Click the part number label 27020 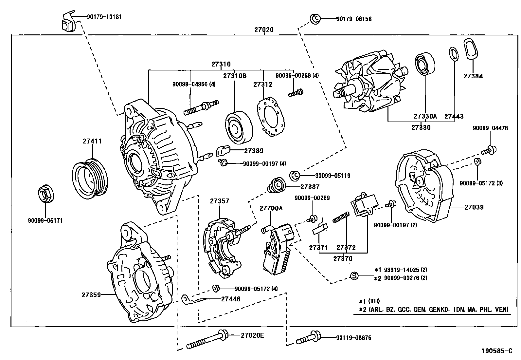tap(264, 30)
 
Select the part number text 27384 tap(473, 76)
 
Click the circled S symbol tap(353, 276)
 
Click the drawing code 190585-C tap(496, 351)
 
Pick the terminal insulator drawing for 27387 tap(277, 186)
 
